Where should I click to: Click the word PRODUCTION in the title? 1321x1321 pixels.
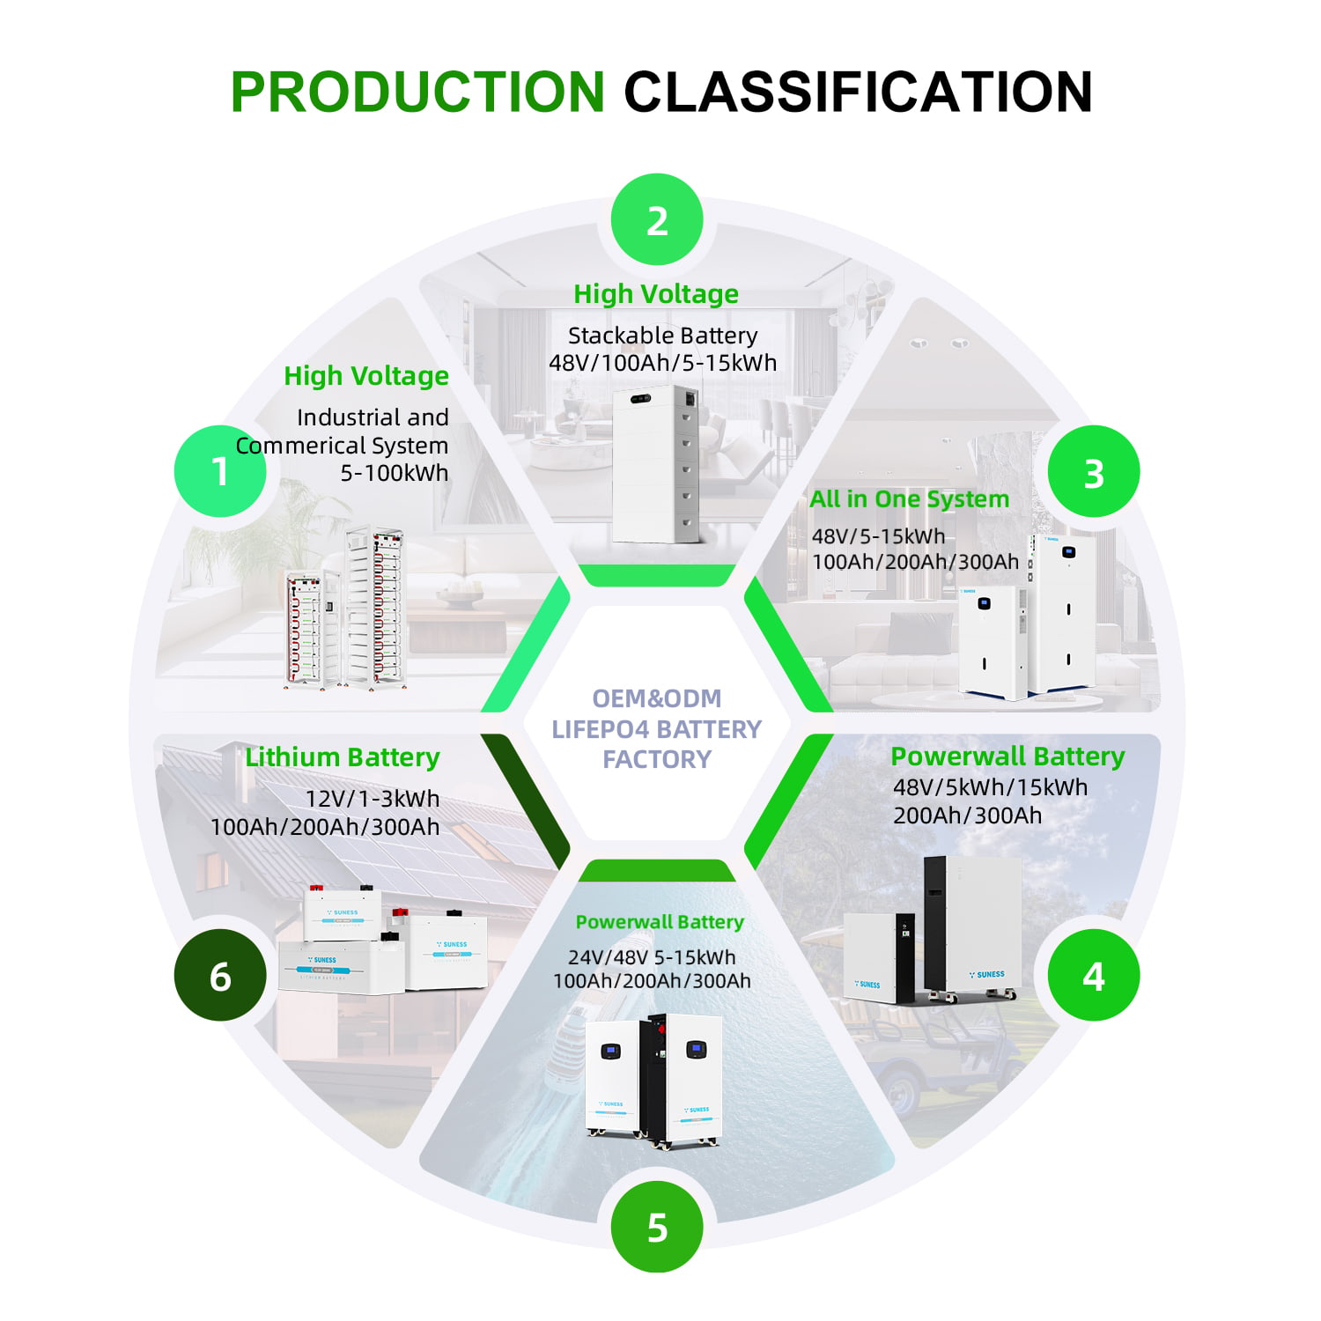(417, 92)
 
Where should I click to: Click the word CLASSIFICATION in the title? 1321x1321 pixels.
(858, 92)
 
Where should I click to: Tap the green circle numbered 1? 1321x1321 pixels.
(220, 471)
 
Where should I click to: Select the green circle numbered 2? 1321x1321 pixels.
(657, 220)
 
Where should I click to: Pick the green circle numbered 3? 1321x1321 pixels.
(1093, 473)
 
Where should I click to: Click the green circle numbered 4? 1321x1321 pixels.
(1093, 976)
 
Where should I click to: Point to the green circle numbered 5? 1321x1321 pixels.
(657, 1227)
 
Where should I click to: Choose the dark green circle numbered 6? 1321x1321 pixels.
(220, 976)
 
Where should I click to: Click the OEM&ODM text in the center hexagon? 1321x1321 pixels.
(656, 698)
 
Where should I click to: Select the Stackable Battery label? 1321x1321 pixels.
(662, 336)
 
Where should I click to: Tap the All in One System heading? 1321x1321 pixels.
(909, 499)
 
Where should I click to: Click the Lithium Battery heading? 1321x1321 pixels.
(343, 757)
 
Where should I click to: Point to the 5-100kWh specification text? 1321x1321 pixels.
(394, 473)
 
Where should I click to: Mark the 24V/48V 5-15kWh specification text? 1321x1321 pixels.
(651, 957)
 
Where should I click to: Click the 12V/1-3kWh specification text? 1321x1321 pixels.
(372, 799)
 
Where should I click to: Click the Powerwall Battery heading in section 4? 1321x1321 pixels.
(1007, 756)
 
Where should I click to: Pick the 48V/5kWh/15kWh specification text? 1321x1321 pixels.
(990, 787)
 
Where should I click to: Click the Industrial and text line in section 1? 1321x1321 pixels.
(373, 417)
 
